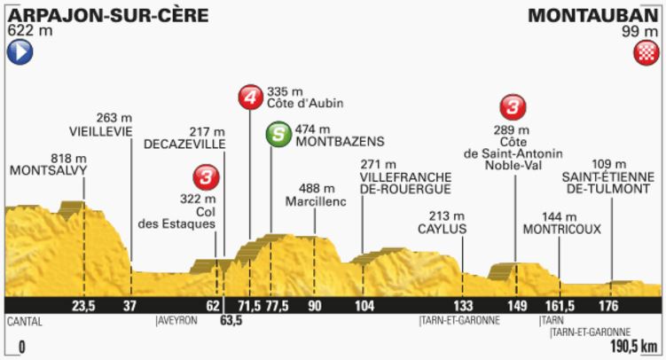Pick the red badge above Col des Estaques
(208, 177)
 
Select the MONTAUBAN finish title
(591, 15)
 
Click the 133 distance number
(463, 306)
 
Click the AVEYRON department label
(178, 322)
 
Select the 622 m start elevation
(27, 30)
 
